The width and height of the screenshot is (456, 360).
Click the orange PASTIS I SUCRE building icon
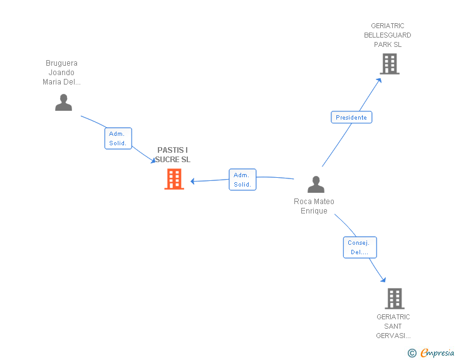click(174, 179)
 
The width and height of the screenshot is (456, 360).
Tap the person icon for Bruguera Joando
click(63, 102)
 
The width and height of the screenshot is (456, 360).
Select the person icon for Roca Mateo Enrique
click(316, 184)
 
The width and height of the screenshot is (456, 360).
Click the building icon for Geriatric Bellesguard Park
click(390, 64)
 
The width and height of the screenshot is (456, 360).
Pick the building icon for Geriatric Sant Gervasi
click(395, 299)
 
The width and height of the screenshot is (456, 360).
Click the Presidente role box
click(351, 117)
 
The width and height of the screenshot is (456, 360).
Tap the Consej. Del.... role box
click(360, 247)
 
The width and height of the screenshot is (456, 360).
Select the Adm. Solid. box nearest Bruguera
click(118, 138)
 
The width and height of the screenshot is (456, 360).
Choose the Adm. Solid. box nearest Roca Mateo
click(242, 180)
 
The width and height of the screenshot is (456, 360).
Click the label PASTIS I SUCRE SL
click(173, 155)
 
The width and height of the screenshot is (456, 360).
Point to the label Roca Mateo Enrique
click(314, 206)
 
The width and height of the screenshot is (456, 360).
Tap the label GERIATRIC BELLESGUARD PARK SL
click(388, 35)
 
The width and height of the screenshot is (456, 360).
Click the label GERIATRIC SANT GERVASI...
click(393, 326)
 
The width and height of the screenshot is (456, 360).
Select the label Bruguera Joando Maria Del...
click(61, 73)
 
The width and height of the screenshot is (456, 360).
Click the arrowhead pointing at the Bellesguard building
click(378, 81)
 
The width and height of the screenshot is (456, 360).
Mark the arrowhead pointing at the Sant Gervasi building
click(383, 280)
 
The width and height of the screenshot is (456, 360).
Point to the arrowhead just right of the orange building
click(192, 181)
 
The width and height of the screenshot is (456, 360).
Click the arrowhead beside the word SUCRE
click(153, 160)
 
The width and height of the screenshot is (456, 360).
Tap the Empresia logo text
click(437, 352)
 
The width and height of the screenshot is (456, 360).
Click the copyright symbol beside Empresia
click(412, 353)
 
